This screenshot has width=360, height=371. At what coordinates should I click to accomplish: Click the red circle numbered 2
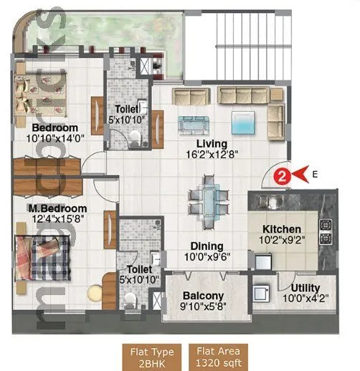coord(283,173)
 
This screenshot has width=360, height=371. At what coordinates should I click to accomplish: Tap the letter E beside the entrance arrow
coord(316,172)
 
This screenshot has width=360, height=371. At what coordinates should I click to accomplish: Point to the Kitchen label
coord(280,229)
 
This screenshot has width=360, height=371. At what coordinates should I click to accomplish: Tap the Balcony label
coord(203,295)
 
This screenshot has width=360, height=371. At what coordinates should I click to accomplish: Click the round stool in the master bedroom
coord(95,292)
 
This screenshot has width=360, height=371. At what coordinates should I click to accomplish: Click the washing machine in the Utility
coord(260,294)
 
